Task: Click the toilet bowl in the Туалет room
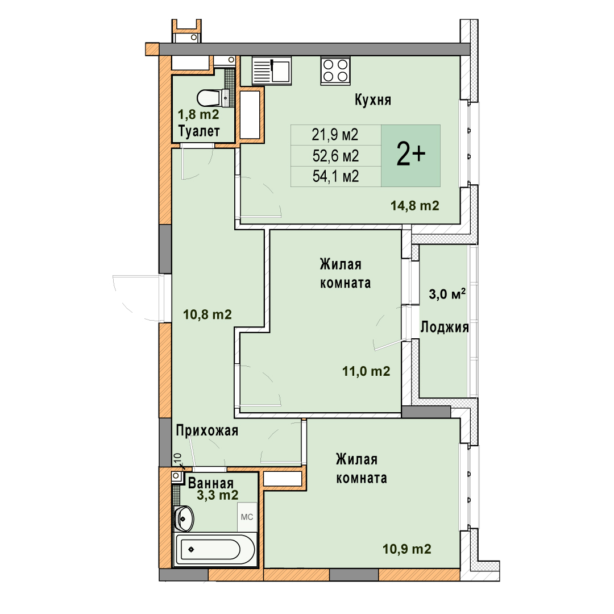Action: (x=212, y=98)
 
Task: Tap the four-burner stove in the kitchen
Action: (x=335, y=70)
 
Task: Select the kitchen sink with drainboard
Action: (x=271, y=70)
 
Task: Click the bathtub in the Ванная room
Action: (x=214, y=549)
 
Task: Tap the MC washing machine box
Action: (x=247, y=517)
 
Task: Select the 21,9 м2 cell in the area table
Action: (x=335, y=135)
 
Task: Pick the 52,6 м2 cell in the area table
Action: (x=335, y=156)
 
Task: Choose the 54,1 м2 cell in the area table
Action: (x=335, y=176)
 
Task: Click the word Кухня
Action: (x=373, y=100)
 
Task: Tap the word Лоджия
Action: (x=445, y=327)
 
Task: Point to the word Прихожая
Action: (x=207, y=431)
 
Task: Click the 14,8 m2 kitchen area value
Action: (x=414, y=206)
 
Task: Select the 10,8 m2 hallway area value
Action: (x=207, y=314)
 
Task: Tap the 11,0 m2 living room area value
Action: (x=366, y=371)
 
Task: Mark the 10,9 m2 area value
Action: (x=407, y=549)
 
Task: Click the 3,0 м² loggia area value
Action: (x=447, y=294)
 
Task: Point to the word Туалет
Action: (x=199, y=131)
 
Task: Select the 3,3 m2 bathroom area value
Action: (x=217, y=495)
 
